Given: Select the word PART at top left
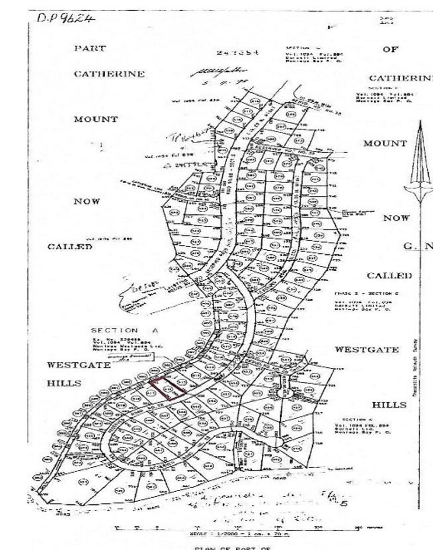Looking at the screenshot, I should (x=90, y=48).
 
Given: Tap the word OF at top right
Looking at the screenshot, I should (x=391, y=49).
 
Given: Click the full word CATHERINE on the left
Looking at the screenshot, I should (x=109, y=74).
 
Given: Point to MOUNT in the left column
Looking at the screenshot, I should (x=96, y=119).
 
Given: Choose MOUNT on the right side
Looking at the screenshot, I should (x=385, y=143).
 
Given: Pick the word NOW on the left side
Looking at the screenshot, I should (x=88, y=201).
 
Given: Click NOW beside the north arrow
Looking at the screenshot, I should (x=396, y=218).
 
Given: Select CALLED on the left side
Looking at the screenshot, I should (x=69, y=246).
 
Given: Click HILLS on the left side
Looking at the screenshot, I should (x=64, y=383).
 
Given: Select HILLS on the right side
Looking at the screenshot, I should (x=389, y=405).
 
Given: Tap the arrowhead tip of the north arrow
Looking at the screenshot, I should (x=420, y=122).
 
